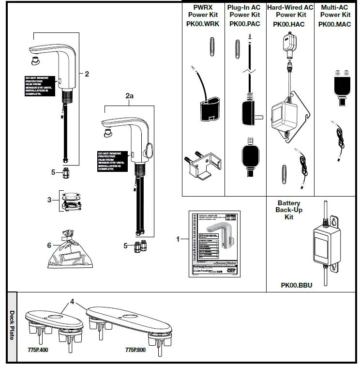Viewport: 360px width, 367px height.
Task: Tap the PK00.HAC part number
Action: pyautogui.click(x=289, y=24)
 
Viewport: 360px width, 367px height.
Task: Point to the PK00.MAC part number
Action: pyautogui.click(x=335, y=24)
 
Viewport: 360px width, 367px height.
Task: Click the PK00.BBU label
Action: pyautogui.click(x=297, y=285)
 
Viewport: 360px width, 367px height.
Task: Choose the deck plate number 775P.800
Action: pyautogui.click(x=136, y=349)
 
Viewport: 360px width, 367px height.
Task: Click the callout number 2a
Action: pyautogui.click(x=129, y=96)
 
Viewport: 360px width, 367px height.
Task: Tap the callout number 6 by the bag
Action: pyautogui.click(x=49, y=245)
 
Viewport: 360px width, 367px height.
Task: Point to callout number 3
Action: pyautogui.click(x=49, y=199)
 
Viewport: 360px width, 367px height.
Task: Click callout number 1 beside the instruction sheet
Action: pyautogui.click(x=178, y=239)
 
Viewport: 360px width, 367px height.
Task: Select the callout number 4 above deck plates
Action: pyautogui.click(x=72, y=301)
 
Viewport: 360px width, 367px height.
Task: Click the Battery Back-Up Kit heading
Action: pyautogui.click(x=289, y=210)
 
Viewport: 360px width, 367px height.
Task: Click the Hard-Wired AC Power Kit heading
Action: pyautogui.click(x=290, y=11)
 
